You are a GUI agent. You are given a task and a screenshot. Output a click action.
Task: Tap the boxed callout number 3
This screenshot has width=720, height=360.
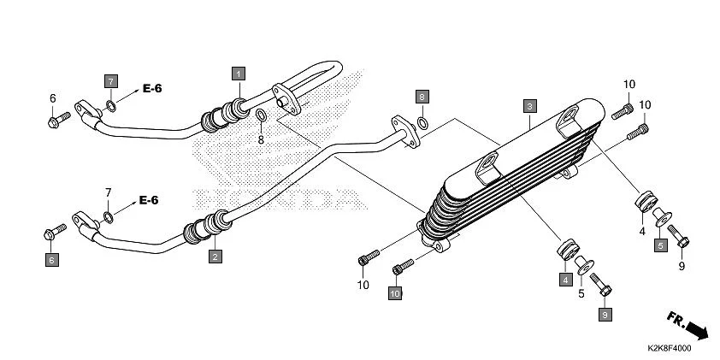[x=530, y=106]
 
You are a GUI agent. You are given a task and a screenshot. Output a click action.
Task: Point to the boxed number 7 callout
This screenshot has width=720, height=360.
[x=110, y=80]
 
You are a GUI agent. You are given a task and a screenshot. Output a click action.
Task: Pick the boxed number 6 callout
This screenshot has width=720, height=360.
[x=51, y=259]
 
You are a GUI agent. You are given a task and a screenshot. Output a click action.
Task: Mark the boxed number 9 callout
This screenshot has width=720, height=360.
[x=605, y=315]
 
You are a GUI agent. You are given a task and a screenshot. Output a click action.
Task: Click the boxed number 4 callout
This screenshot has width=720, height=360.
[x=565, y=279]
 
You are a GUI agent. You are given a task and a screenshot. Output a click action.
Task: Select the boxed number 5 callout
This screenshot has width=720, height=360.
[x=660, y=245]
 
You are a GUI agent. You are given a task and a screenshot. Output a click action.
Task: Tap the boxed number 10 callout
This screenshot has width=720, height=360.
[x=395, y=293]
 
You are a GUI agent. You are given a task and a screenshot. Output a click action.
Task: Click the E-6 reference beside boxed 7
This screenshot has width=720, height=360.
[x=152, y=88]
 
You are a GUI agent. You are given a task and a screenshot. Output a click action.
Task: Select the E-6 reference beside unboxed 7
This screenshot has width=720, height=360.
[x=149, y=200]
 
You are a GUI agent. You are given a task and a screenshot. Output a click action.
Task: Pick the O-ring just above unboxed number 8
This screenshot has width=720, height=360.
[x=262, y=116]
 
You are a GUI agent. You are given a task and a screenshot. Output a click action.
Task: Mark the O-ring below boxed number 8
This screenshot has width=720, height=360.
[x=422, y=122]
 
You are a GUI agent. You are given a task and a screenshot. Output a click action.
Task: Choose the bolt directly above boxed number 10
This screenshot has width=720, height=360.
[x=398, y=269]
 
